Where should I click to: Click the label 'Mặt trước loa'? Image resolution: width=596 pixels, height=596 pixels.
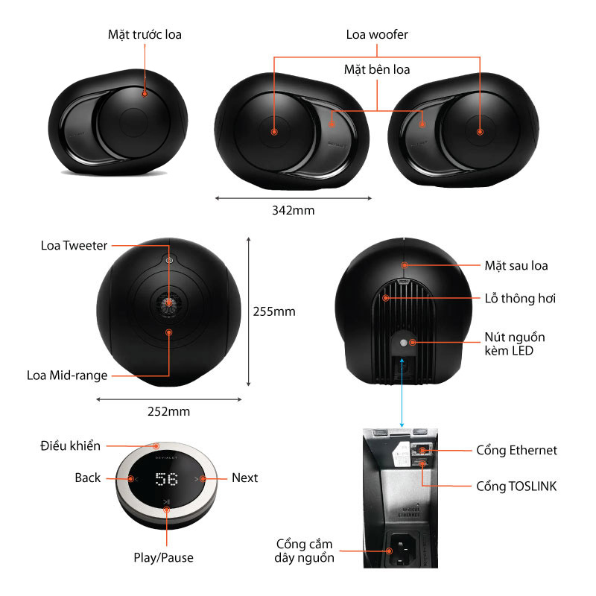click(145, 35)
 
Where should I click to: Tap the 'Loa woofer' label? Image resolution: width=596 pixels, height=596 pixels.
click(377, 34)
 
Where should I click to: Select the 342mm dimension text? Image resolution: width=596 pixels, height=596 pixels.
click(294, 210)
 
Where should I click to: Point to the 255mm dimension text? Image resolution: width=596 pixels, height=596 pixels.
click(274, 311)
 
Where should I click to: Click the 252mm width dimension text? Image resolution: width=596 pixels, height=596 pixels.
click(169, 411)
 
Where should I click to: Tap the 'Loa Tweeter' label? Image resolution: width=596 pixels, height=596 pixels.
click(74, 246)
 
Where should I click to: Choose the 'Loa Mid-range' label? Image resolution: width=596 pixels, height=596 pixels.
click(67, 375)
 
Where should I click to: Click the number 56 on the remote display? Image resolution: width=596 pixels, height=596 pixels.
click(166, 479)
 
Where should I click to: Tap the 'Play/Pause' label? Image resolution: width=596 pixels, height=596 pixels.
click(163, 557)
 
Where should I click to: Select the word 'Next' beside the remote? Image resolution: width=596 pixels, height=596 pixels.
click(245, 478)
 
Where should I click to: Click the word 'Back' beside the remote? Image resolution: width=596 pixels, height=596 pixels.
click(88, 478)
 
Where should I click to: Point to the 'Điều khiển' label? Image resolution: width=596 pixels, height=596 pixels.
click(70, 446)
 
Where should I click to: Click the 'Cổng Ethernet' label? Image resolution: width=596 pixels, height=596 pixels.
click(516, 450)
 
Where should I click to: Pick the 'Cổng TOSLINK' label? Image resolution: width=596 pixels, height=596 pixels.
click(516, 486)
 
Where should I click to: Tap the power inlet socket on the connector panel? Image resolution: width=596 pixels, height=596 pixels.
click(400, 550)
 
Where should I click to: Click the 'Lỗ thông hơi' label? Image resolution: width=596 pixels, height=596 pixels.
click(520, 299)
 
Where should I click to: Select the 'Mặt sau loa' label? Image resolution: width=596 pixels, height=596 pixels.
click(516, 266)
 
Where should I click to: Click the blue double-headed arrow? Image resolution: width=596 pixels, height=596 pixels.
click(402, 393)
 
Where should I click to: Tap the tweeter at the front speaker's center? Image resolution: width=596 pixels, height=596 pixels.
click(168, 303)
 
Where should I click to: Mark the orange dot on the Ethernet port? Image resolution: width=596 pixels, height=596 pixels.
click(422, 451)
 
